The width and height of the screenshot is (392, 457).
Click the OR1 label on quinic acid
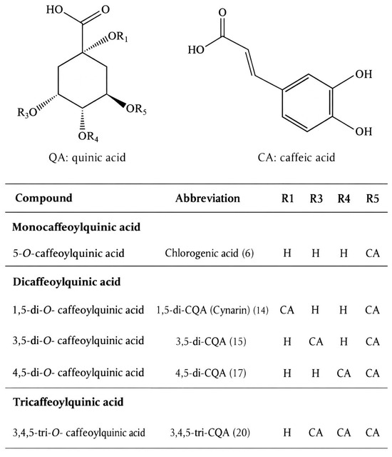click(x=118, y=36)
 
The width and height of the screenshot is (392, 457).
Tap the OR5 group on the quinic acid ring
click(x=136, y=109)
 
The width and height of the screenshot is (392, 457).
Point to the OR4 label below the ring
click(x=88, y=136)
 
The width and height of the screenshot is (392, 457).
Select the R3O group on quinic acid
click(x=27, y=112)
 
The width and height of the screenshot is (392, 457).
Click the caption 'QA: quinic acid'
click(x=87, y=158)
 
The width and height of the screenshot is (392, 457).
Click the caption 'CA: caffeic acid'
click(x=296, y=158)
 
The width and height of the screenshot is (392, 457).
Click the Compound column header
click(x=43, y=198)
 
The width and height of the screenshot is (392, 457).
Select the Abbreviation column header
click(x=207, y=199)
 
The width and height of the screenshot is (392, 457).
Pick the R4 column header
click(x=344, y=199)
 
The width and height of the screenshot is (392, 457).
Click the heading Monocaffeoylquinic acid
click(x=76, y=227)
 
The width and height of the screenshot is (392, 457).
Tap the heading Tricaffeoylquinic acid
click(x=68, y=402)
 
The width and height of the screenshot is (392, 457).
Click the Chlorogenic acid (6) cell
click(x=209, y=253)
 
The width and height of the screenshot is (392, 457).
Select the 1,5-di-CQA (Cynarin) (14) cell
click(x=212, y=310)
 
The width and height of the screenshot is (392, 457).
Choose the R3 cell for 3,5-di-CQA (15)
click(x=316, y=341)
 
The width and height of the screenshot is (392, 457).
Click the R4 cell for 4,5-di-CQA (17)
click(x=344, y=373)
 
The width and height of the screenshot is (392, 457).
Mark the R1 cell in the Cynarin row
click(x=287, y=310)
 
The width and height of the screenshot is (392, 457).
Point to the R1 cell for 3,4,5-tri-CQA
click(x=287, y=432)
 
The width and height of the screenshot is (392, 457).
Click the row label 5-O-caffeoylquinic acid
click(x=68, y=253)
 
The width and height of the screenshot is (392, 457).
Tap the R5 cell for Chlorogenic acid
click(x=373, y=253)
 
